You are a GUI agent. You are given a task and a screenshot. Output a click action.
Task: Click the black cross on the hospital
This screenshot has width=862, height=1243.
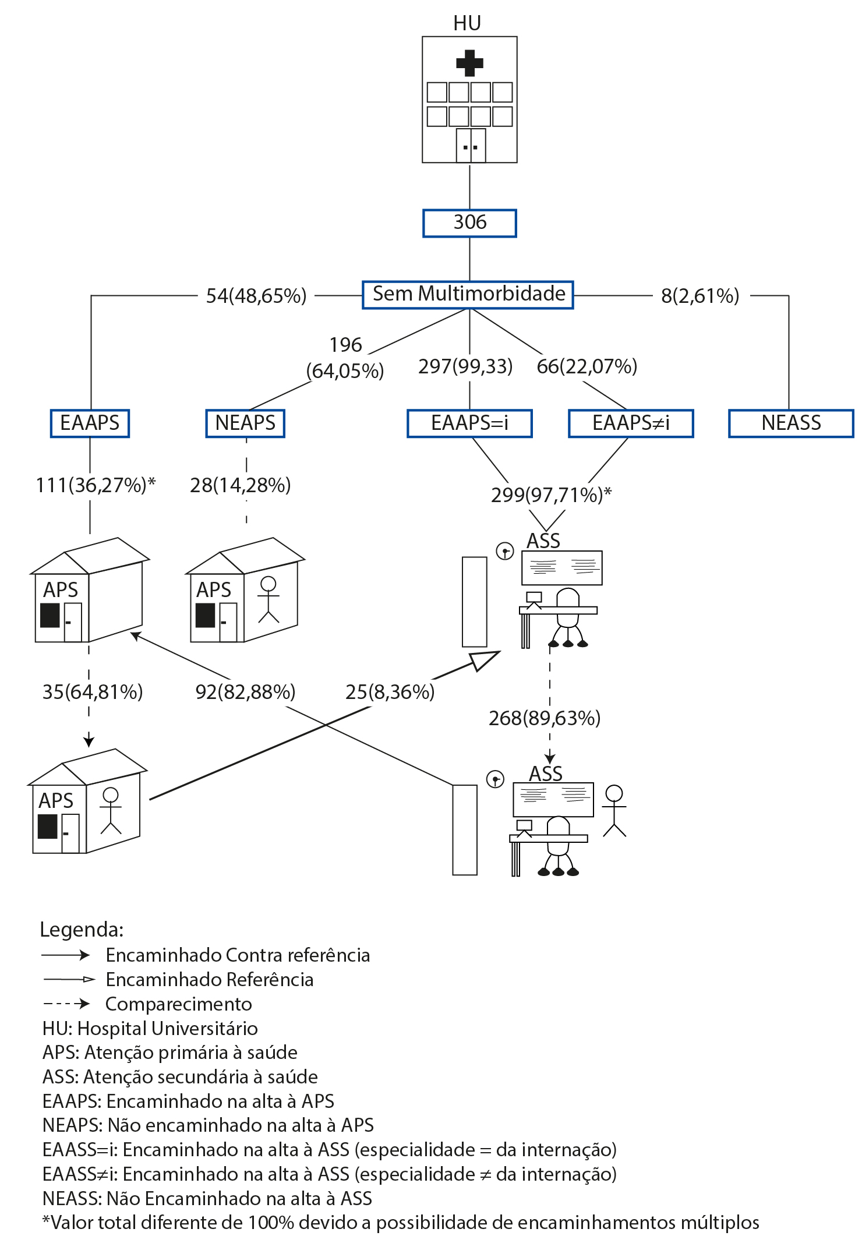pos(469,63)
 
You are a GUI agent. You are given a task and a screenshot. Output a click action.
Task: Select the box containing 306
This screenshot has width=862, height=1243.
pos(469,223)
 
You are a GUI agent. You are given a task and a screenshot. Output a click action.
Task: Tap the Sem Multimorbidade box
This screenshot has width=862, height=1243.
pos(468,295)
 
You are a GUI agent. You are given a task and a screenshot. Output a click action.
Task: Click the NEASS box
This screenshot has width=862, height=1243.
pos(791,423)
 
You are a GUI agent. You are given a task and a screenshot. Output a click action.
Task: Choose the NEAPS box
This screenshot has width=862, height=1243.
pos(245,423)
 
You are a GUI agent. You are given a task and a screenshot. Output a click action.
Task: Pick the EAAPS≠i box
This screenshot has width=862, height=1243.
pos(631,423)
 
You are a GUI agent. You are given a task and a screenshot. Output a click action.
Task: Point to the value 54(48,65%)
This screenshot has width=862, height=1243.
pos(256,296)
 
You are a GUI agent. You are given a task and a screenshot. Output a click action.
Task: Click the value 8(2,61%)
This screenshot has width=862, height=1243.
pos(700,296)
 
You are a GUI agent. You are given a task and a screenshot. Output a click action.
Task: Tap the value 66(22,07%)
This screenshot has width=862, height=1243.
pos(587,366)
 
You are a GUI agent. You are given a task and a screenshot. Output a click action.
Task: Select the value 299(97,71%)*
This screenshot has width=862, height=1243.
pos(552,495)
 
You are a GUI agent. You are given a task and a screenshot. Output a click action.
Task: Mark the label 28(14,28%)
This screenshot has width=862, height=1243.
pos(241,485)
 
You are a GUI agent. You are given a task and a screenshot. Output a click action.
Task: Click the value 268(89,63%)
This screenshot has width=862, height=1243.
pos(545,718)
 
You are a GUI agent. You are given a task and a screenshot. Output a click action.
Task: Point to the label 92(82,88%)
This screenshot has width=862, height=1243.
pos(245,692)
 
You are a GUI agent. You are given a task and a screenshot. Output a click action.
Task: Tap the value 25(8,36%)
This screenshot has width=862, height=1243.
pos(390,692)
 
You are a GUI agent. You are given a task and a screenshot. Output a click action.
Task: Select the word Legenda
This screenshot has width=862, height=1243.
pos(80,929)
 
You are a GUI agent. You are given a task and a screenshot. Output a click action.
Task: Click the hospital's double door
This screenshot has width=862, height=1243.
pos(471,145)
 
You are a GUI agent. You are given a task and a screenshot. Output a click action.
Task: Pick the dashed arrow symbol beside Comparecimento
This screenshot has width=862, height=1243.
pos(66,1004)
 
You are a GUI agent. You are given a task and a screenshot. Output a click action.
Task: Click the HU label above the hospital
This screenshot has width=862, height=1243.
pos(467,23)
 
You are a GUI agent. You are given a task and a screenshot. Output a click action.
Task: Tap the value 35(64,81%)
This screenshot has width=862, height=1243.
pos(93,692)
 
